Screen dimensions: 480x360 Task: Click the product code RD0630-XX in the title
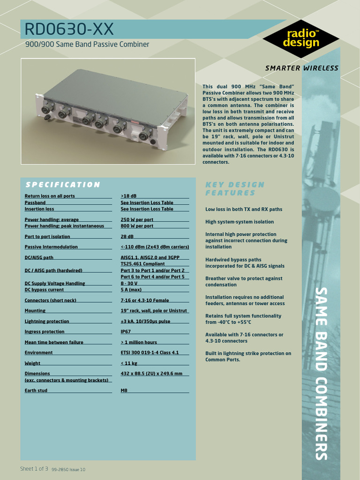[x=69, y=30]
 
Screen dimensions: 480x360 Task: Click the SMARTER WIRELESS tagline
[x=301, y=68]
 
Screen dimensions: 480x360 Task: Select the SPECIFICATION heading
[x=62, y=185]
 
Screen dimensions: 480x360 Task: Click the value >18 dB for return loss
[x=128, y=196]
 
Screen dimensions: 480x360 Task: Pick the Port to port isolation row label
[x=47, y=237]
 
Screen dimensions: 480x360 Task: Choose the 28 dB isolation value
[x=127, y=237]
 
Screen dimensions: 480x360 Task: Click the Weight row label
[x=32, y=363]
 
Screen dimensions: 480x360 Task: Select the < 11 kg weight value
[x=130, y=363]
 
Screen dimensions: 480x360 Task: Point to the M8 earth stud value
[x=124, y=390]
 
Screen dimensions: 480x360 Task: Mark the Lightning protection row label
[x=47, y=322]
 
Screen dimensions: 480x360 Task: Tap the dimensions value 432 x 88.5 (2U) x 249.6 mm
[x=151, y=374]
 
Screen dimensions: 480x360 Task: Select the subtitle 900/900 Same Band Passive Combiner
[x=87, y=45]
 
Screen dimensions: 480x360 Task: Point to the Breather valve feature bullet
[x=244, y=281]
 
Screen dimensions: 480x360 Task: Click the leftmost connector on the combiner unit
[x=46, y=110]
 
